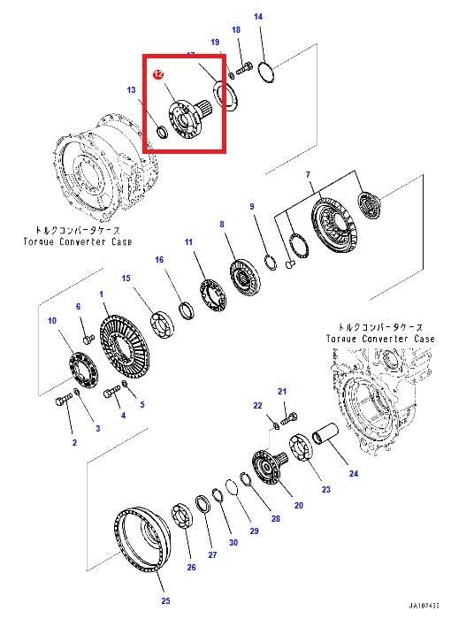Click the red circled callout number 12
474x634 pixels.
(x=158, y=76)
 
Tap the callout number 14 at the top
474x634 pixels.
(x=258, y=17)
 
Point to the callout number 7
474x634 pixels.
(x=308, y=175)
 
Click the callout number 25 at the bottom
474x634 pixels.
(x=164, y=601)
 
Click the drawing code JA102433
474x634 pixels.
(x=424, y=606)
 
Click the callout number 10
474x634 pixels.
(x=52, y=320)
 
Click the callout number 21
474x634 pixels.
(x=282, y=391)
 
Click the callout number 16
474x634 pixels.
(x=159, y=260)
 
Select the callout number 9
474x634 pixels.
(x=252, y=207)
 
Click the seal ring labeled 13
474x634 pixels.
(x=161, y=134)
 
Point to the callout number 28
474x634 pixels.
(x=275, y=519)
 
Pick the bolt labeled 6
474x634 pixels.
(x=87, y=337)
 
